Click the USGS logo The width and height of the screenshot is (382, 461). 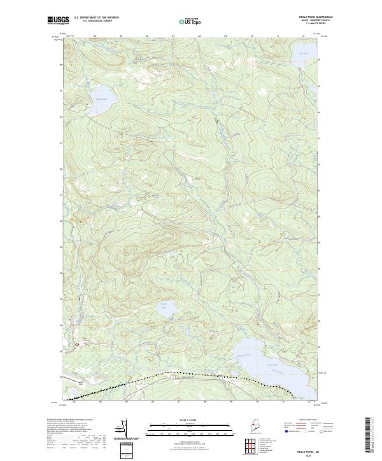click(58, 20)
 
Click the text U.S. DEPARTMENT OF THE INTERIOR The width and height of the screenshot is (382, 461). click(96, 17)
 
